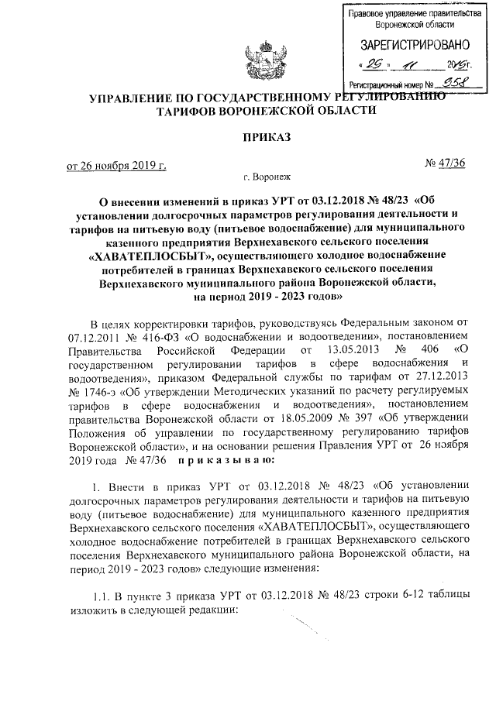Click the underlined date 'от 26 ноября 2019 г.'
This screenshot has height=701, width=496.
tap(116, 165)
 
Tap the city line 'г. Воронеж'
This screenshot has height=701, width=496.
tap(264, 177)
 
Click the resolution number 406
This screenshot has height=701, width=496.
tap(405, 352)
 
